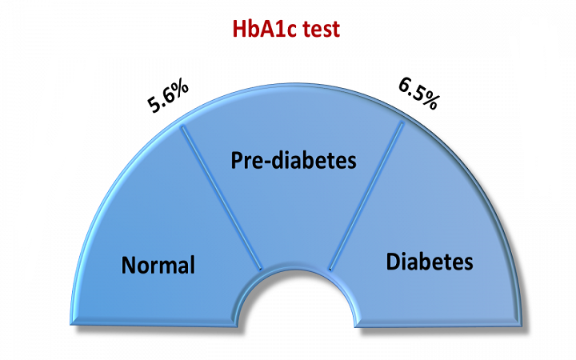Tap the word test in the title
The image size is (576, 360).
click(x=322, y=29)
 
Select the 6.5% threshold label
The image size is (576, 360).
click(x=418, y=93)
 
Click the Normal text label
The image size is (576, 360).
click(x=158, y=265)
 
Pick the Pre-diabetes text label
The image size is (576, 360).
click(x=293, y=161)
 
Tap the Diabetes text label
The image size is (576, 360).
click(x=430, y=262)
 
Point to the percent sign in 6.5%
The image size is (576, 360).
click(x=429, y=100)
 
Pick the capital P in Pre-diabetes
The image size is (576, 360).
click(x=237, y=161)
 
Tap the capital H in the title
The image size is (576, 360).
click(x=238, y=29)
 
